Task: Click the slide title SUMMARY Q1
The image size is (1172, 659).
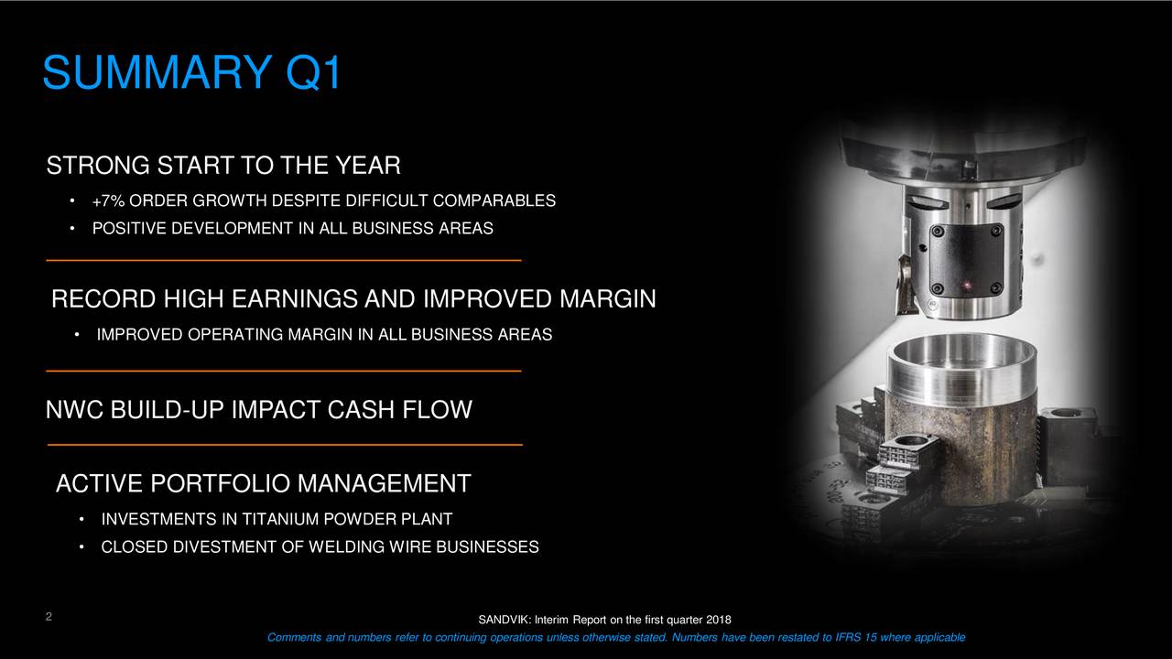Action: click(190, 73)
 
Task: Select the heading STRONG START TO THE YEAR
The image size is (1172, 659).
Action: click(223, 167)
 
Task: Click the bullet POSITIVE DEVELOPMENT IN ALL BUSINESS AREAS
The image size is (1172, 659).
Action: click(292, 228)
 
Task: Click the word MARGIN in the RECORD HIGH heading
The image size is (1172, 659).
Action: click(607, 299)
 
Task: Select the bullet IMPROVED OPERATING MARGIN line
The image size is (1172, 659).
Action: click(324, 335)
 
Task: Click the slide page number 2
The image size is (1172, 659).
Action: click(47, 617)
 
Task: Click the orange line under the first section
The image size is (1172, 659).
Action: click(283, 261)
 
